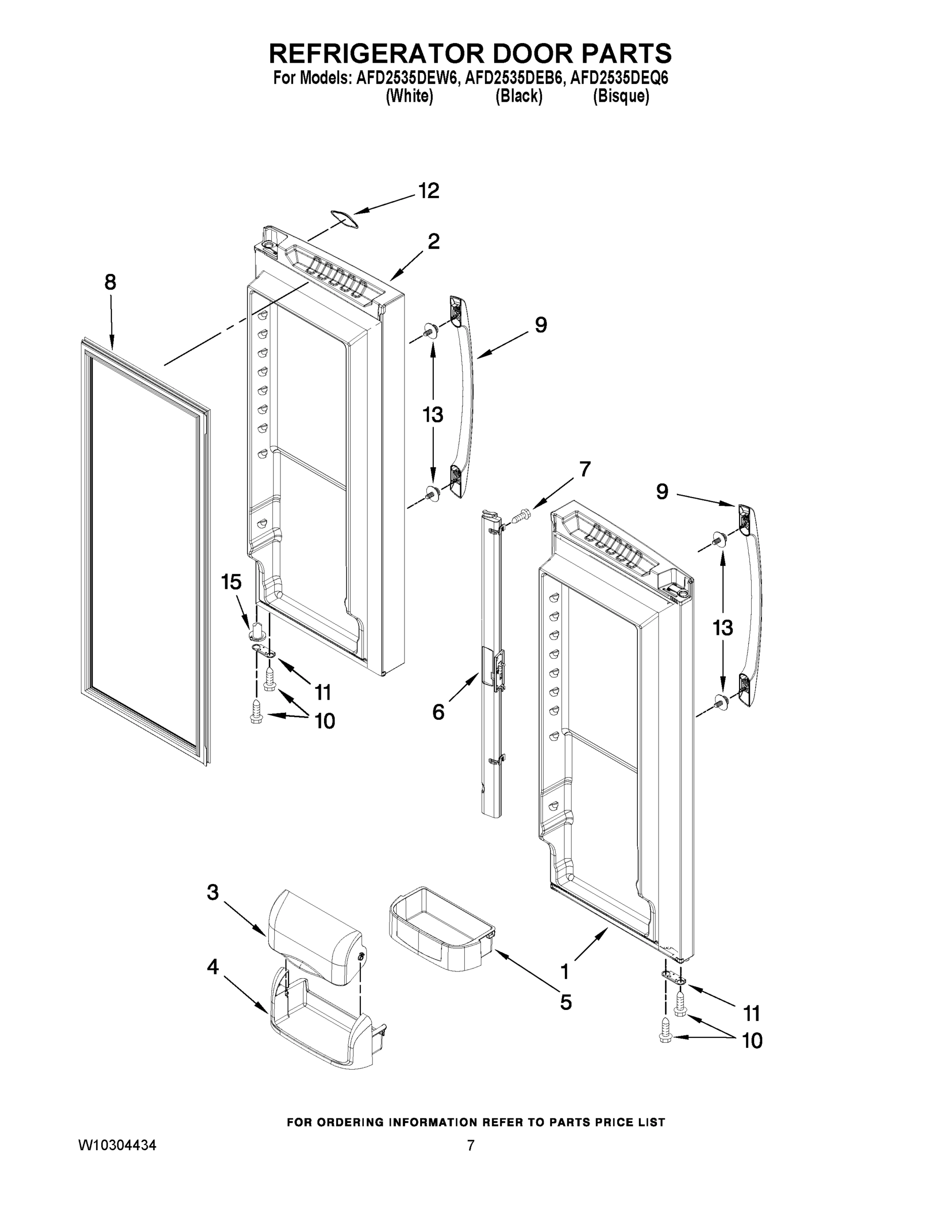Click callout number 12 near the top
pos(428,191)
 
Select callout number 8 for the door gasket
pos(110,282)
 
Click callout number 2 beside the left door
pos(433,241)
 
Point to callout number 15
pos(231,583)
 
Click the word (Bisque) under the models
pos(621,96)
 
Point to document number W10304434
pos(117,1145)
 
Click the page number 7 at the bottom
pos(471,1145)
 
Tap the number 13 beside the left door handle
pos(432,415)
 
